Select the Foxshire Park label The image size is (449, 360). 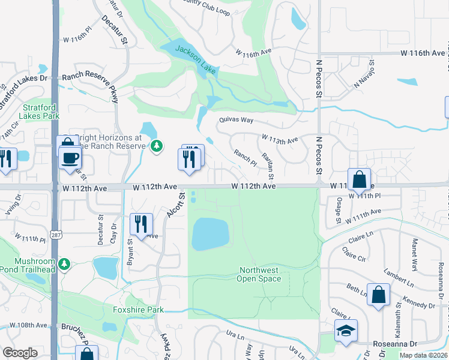click(x=138, y=310)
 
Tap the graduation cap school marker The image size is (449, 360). click(x=346, y=331)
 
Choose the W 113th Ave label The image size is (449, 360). click(x=280, y=140)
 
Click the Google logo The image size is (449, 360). click(x=20, y=352)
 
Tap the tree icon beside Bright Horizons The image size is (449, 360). click(x=157, y=145)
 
